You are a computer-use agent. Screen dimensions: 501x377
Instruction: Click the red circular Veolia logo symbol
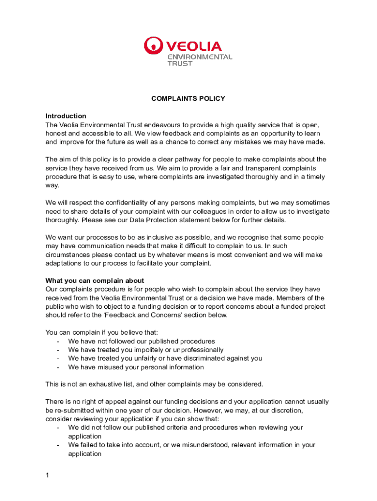click(x=153, y=46)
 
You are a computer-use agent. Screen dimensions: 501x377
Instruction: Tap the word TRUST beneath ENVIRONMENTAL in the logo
click(x=180, y=64)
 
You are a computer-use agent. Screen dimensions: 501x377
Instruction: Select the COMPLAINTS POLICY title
click(x=188, y=98)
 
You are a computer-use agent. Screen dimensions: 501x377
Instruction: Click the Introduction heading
click(x=66, y=116)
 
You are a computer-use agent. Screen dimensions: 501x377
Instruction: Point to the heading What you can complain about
click(x=94, y=280)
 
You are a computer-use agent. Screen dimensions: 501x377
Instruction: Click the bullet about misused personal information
click(x=136, y=367)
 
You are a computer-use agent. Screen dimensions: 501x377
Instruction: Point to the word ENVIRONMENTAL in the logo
click(x=200, y=57)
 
